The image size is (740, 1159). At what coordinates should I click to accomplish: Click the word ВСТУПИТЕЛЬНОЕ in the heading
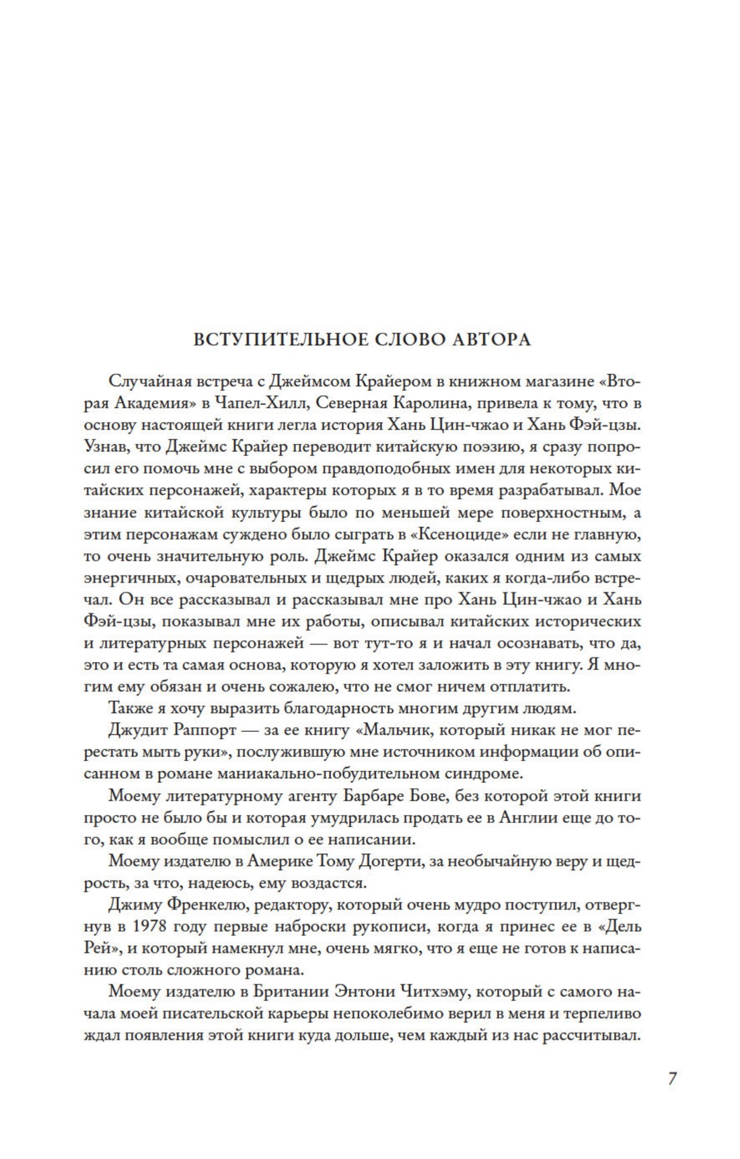pos(264,339)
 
